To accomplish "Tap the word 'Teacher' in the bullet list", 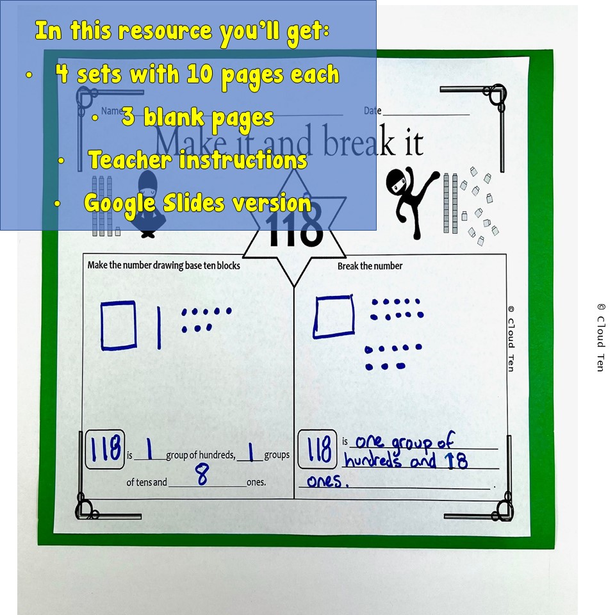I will point(130,160).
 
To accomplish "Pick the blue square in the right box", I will point(334,316).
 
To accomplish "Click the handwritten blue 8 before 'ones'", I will point(202,477).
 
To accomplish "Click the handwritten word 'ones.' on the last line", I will point(327,482).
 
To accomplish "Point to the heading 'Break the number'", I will point(370,266).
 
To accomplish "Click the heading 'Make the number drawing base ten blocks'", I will point(163,265).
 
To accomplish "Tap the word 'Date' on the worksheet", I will point(372,111).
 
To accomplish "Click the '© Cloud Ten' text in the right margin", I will point(600,337).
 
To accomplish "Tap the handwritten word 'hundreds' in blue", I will point(372,461).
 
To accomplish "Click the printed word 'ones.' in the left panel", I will point(256,482).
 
